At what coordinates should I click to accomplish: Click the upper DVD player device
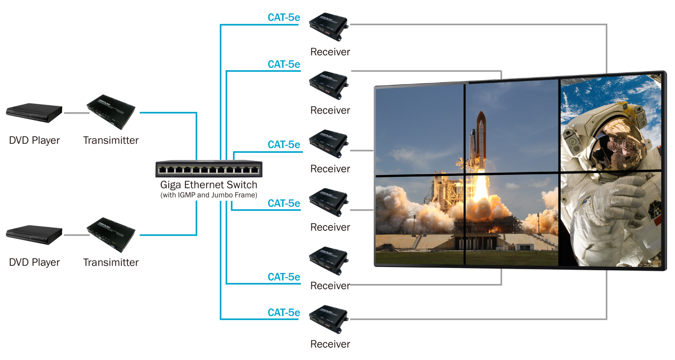pyautogui.click(x=34, y=113)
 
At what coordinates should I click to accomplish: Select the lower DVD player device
pyautogui.click(x=34, y=235)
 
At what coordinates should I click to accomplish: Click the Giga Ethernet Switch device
pyautogui.click(x=209, y=168)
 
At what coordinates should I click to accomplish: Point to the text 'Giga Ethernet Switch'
pyautogui.click(x=208, y=184)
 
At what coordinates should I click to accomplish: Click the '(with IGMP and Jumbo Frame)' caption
pyautogui.click(x=209, y=195)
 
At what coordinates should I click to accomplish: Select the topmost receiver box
pyautogui.click(x=329, y=27)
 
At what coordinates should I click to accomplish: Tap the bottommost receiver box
pyautogui.click(x=329, y=319)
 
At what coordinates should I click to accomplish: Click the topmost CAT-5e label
pyautogui.click(x=284, y=17)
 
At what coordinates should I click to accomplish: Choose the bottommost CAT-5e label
pyautogui.click(x=284, y=312)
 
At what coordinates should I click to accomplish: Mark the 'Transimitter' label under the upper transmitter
pyautogui.click(x=111, y=140)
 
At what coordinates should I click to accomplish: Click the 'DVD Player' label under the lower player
pyautogui.click(x=34, y=263)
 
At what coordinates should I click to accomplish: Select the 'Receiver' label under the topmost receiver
pyautogui.click(x=330, y=52)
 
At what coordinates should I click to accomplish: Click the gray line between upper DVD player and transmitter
pyautogui.click(x=77, y=113)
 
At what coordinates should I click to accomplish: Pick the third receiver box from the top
pyautogui.click(x=329, y=143)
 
